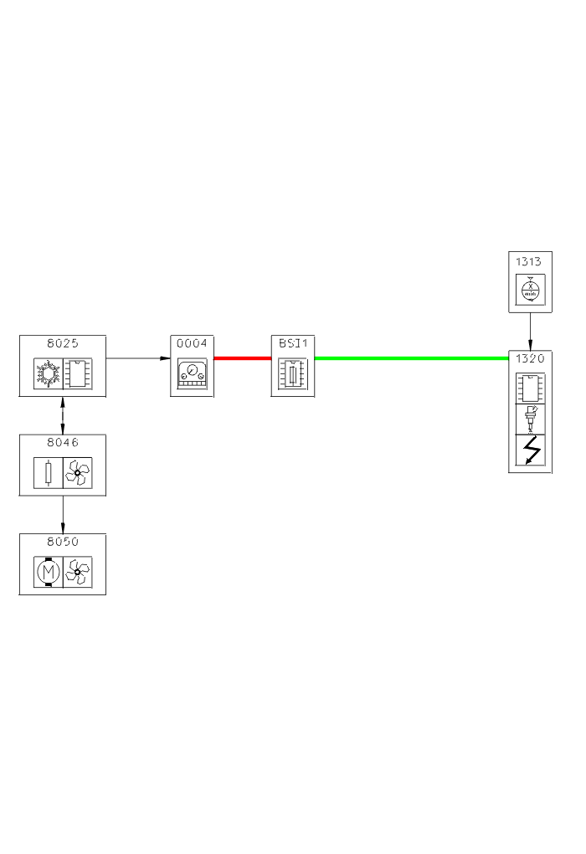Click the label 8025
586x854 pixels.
63,343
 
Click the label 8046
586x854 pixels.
63,443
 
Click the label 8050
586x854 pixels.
63,542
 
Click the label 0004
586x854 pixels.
192,343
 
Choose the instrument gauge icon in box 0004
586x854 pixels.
192,376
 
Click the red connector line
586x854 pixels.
243,358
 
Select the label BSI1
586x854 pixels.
293,343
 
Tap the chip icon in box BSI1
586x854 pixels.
293,376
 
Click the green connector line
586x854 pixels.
411,358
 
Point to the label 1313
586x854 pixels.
530,263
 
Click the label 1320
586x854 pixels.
530,358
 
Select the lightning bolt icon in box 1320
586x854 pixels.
530,453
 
